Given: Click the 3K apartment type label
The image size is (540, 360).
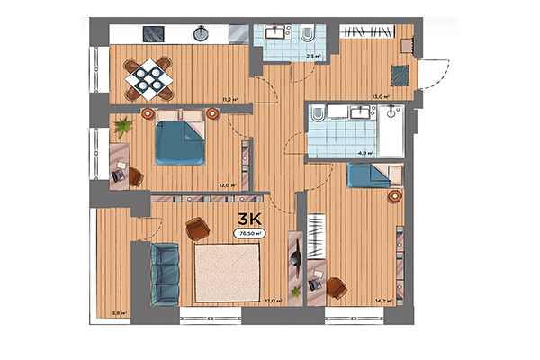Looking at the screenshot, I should pos(249,219).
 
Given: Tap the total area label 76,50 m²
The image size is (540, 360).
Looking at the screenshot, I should pos(249,233).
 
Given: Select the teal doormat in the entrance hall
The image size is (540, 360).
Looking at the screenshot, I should pos(397,73).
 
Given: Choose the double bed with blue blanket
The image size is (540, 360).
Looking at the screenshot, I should pos(180,139).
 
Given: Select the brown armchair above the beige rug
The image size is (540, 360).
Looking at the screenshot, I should pos(196,229).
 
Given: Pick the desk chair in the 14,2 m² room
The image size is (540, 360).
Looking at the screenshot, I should pos(336,288).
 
